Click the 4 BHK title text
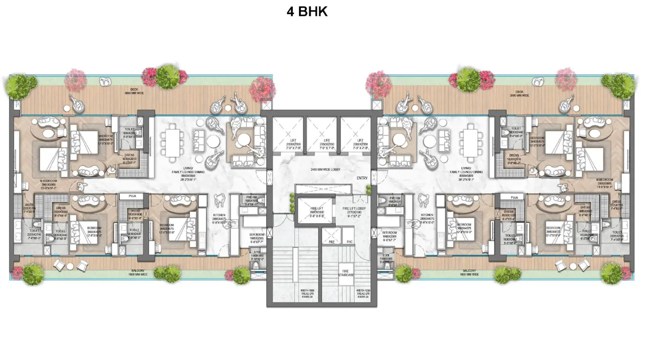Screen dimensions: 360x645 pyautogui.click(x=307, y=12)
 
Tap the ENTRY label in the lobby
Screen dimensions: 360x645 pyautogui.click(x=362, y=178)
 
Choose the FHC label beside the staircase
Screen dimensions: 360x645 pyautogui.click(x=349, y=242)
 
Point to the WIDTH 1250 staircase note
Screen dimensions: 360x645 pyautogui.click(x=363, y=294)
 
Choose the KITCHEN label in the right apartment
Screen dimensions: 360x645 pyautogui.click(x=427, y=218)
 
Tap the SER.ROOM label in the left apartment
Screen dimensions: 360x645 pyautogui.click(x=257, y=236)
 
